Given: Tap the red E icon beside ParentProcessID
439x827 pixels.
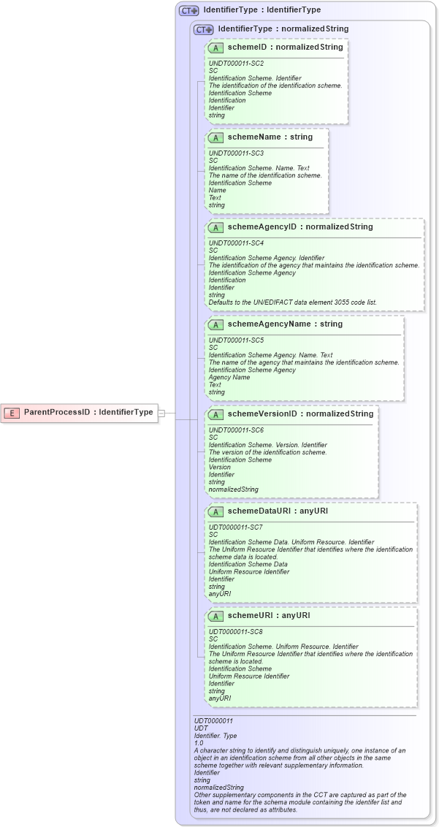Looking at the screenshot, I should tap(12, 413).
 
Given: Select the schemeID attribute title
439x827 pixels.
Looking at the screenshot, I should tap(285, 47).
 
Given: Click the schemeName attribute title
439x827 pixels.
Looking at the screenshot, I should tap(270, 137).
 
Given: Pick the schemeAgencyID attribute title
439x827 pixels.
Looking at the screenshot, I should tap(299, 226).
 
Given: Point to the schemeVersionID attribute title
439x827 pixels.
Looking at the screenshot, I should tap(300, 413).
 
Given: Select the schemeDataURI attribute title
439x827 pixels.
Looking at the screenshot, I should tap(278, 511).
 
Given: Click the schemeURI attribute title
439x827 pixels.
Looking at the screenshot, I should tap(269, 615).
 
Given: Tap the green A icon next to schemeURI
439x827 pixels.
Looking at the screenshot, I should tap(215, 616).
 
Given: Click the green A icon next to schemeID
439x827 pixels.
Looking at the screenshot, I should tap(215, 47).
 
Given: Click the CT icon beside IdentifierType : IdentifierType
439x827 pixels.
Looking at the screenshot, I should tap(189, 11).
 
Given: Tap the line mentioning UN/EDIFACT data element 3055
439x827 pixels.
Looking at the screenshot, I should tap(292, 302).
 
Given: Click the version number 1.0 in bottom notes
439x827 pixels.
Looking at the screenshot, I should tap(199, 743).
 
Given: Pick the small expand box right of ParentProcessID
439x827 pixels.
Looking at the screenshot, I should tap(161, 413).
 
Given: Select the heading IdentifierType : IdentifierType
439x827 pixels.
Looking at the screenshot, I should tap(262, 10).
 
